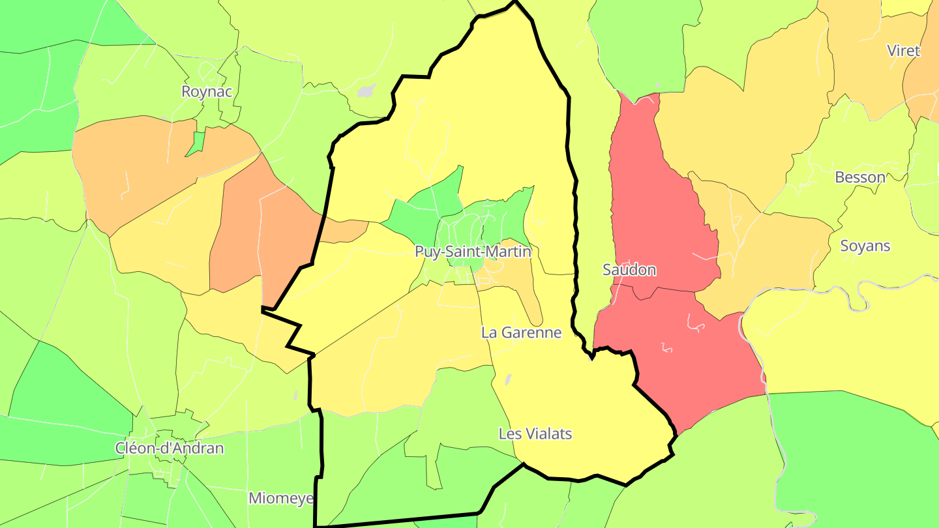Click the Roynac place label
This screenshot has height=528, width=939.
(207, 92)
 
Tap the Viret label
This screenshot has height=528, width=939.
(903, 51)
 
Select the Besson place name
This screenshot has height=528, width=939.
(860, 177)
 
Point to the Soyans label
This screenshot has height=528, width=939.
(865, 246)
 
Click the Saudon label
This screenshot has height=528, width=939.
(629, 270)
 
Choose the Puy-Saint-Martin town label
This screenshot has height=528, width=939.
(473, 252)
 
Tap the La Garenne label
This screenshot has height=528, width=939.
(521, 332)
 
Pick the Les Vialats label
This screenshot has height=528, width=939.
(535, 433)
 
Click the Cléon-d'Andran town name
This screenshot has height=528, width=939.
(169, 448)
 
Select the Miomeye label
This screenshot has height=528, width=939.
(281, 499)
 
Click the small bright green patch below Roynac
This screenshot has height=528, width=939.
(195, 144)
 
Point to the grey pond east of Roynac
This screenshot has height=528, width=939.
(367, 90)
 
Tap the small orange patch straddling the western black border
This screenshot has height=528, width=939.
(346, 230)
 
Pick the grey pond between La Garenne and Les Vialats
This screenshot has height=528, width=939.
(508, 378)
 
